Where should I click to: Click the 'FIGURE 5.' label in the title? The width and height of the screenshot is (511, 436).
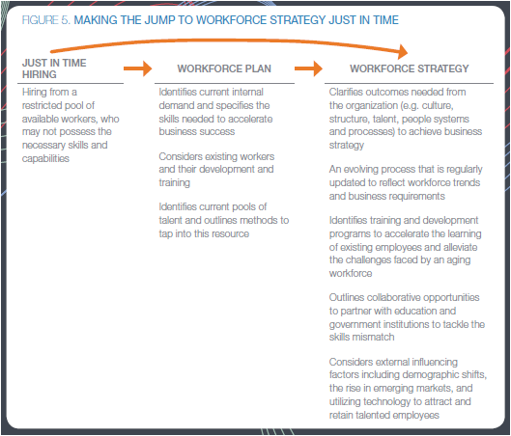click(46, 20)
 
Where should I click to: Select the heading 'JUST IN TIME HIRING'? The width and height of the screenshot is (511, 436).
click(54, 68)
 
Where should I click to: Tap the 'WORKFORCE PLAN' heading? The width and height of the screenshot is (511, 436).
click(224, 68)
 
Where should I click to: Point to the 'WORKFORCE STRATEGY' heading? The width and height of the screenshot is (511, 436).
click(410, 68)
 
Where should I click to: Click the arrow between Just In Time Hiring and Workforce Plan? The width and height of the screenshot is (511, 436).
click(138, 68)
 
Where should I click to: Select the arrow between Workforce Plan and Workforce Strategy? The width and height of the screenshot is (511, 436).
click(308, 68)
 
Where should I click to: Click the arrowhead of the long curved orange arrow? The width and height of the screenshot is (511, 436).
click(403, 52)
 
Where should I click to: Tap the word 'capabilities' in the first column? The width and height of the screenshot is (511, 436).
click(45, 158)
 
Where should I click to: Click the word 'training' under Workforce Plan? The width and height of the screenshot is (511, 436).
click(174, 183)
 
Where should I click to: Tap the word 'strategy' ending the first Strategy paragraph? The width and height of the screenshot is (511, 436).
click(347, 145)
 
